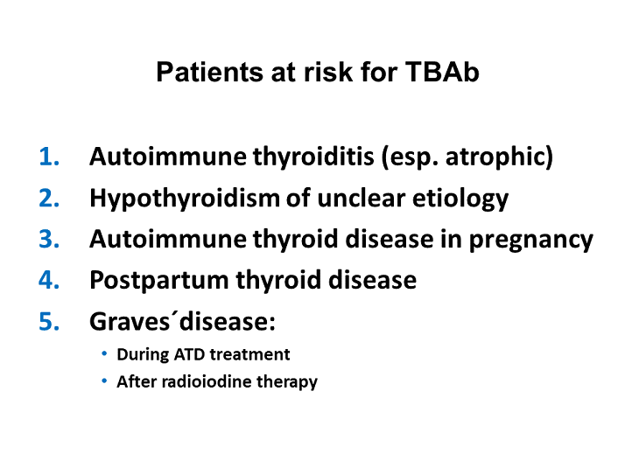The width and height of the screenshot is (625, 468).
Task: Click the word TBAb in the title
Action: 442,73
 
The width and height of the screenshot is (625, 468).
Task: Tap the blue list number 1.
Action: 50,157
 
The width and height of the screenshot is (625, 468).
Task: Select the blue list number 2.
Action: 50,199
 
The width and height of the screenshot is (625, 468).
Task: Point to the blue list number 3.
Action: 50,240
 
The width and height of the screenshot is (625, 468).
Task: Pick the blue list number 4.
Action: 50,281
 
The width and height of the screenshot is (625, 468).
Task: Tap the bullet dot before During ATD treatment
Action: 105,353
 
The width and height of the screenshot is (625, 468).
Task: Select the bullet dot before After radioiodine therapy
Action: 105,381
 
